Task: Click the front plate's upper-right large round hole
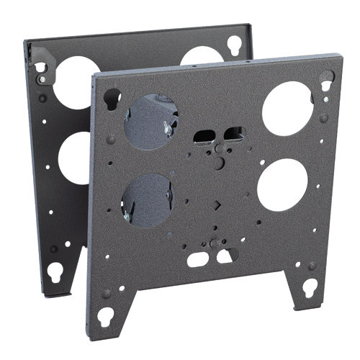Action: pyautogui.click(x=288, y=108)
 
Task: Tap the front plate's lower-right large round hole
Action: pyautogui.click(x=282, y=184)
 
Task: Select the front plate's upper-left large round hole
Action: pyautogui.click(x=150, y=121)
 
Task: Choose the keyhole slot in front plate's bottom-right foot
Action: pyautogui.click(x=309, y=287)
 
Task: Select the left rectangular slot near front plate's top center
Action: pyautogui.click(x=204, y=137)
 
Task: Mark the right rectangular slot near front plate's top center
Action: pyautogui.click(x=234, y=133)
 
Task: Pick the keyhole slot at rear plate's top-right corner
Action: pyautogui.click(x=235, y=45)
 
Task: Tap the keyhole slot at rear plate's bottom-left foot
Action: pyautogui.click(x=55, y=272)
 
